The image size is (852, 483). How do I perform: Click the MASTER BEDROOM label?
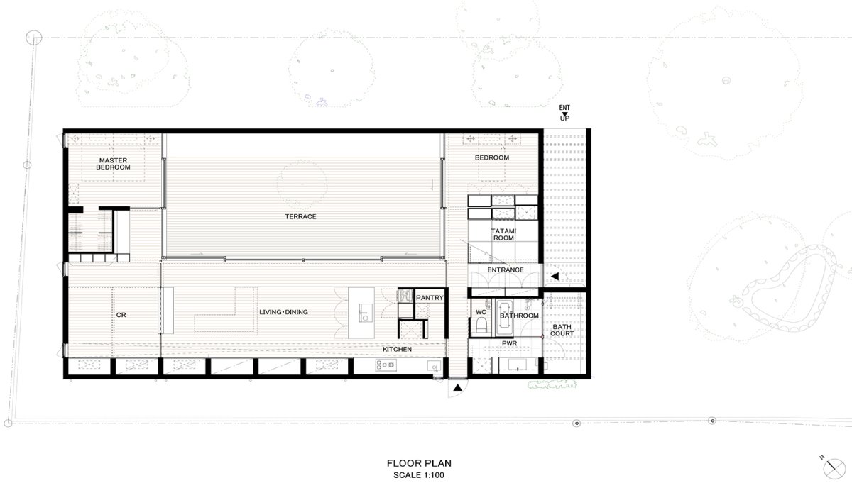coord(113,164)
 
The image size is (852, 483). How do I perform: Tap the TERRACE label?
coord(300,216)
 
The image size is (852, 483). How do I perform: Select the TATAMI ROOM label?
coord(503,235)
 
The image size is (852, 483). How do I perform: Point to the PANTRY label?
coord(430,298)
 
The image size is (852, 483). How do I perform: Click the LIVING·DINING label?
coord(283,312)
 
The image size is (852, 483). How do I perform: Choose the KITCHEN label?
coord(397,349)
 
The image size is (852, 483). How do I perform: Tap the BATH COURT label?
coord(562,331)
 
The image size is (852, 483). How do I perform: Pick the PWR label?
coord(509,343)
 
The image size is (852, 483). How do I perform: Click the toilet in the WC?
coord(481,326)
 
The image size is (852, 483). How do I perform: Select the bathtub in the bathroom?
coord(505,314)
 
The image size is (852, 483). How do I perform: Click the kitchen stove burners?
coord(386,365)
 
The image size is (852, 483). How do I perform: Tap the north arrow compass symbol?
coord(834,468)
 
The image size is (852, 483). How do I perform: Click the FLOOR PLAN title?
coord(419,463)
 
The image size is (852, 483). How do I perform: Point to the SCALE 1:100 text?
coord(419,475)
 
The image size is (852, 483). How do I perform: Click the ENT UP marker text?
coord(564,113)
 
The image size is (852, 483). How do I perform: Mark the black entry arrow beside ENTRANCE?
coord(555,277)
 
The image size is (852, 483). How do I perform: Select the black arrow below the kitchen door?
coord(457,388)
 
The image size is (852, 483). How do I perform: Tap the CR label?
coord(121,315)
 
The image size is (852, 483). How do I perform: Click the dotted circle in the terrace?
coord(302,184)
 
